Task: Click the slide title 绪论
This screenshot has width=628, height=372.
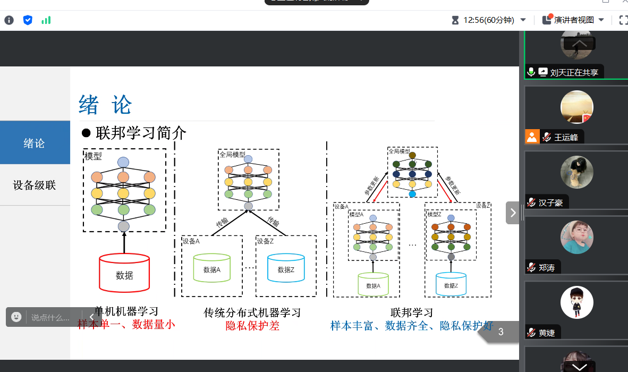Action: coord(105,105)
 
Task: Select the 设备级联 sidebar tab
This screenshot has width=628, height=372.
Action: coord(35,185)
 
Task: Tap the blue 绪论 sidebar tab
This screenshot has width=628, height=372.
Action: coord(35,143)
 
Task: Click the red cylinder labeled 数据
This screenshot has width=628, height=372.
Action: coord(124,273)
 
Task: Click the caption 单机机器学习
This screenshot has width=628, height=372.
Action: coord(126,311)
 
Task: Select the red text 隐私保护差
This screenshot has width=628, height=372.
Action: coord(252,326)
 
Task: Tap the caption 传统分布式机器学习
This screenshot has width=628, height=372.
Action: coord(252,312)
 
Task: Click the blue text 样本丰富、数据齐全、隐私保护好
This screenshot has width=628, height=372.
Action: coord(412,326)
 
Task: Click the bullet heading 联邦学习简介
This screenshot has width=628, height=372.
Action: coord(141,133)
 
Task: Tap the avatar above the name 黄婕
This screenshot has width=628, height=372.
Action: coord(576,303)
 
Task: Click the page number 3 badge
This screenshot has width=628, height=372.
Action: coord(500,333)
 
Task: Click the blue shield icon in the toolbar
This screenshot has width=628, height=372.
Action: coord(28,20)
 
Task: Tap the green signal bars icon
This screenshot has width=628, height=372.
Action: coord(46,20)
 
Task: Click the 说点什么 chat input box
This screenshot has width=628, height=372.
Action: coord(50,317)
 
